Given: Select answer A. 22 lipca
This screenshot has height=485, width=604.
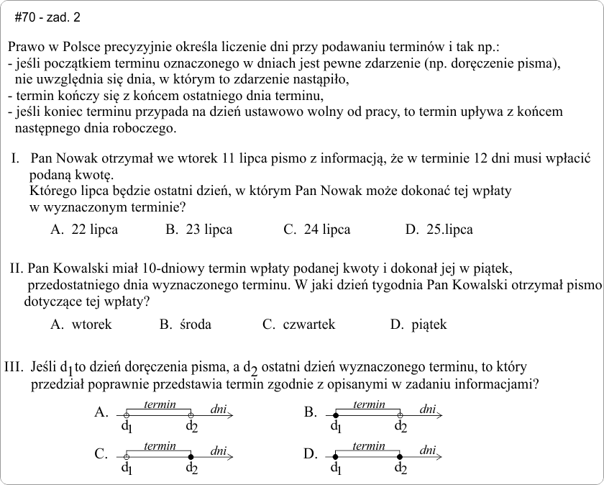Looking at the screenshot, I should [x=84, y=230].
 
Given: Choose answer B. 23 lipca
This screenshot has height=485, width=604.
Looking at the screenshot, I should [x=198, y=230].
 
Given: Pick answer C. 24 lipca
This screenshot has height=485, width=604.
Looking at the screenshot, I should [x=316, y=230].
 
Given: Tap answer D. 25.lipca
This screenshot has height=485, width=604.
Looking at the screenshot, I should [x=439, y=230].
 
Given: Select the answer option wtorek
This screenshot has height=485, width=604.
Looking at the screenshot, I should [x=81, y=325].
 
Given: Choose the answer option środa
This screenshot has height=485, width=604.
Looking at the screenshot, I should [x=186, y=325].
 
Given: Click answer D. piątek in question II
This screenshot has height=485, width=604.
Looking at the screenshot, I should [x=418, y=325].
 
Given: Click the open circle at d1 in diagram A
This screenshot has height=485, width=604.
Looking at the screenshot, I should [x=127, y=416].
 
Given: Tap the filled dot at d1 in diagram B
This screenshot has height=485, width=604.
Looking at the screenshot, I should [x=335, y=416].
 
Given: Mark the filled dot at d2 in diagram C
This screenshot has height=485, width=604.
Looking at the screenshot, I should [x=191, y=457].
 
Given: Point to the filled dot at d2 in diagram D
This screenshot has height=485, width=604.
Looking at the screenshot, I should [x=399, y=457].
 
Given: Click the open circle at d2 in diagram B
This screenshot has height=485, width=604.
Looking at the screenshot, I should [x=399, y=416].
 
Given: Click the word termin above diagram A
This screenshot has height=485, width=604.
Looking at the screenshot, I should [x=159, y=405].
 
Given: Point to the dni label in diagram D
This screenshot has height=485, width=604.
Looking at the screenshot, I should [x=428, y=450].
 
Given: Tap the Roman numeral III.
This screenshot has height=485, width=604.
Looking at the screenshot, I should [x=14, y=367].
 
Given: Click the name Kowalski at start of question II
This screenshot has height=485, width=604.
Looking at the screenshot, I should [x=78, y=270].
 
